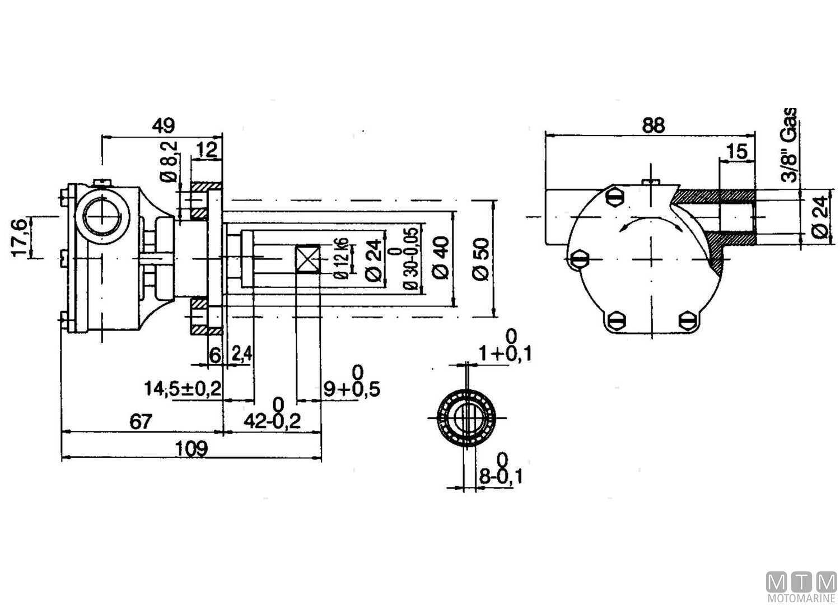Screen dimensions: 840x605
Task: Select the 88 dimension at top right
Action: pos(654,125)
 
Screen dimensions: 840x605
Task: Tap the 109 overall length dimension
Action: pos(192,448)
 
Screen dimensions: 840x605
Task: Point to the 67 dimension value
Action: pos(141,422)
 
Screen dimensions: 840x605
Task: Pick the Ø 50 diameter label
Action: pos(481,259)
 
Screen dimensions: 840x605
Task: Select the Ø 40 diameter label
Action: pos(441,258)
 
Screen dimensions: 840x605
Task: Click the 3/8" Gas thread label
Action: pos(790,145)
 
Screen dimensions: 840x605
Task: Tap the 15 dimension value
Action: pos(737,151)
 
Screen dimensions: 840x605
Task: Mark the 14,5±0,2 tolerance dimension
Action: pos(183,389)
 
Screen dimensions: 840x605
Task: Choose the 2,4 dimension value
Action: pos(242,353)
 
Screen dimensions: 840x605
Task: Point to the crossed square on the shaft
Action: pos(308,258)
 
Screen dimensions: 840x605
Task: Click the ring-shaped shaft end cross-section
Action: pos(466,417)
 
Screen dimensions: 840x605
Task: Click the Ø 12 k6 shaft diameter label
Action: pos(343,258)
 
